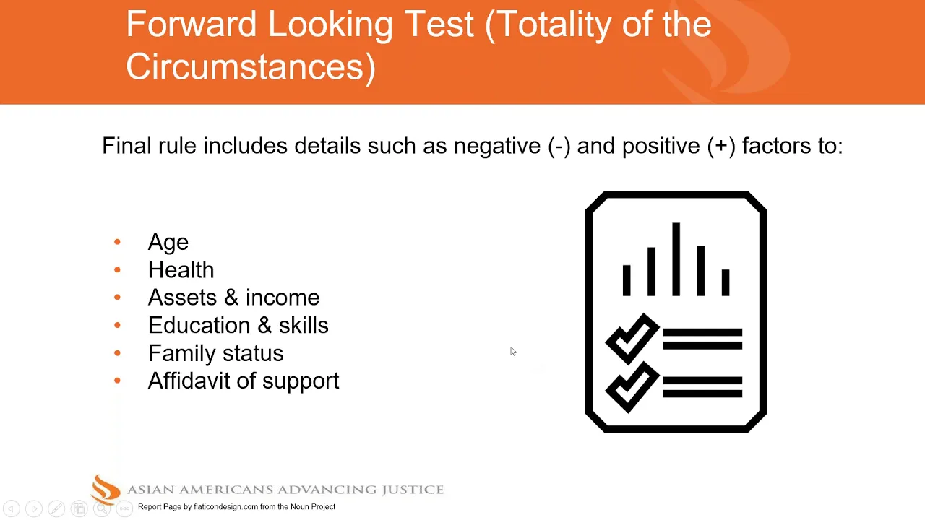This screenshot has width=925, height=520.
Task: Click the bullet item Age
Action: pyautogui.click(x=168, y=242)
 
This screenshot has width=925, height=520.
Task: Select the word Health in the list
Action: pyautogui.click(x=181, y=270)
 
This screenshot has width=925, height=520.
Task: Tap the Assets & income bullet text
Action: pyautogui.click(x=233, y=298)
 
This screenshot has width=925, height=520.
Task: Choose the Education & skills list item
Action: pyautogui.click(x=238, y=325)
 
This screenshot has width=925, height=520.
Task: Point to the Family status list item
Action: pyautogui.click(x=216, y=353)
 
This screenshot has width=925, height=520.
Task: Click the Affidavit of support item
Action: pyautogui.click(x=244, y=381)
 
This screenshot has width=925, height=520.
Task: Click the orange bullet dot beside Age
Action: pyautogui.click(x=117, y=242)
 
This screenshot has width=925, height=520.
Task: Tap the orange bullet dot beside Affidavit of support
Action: pyautogui.click(x=117, y=381)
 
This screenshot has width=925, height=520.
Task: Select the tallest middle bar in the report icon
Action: pyautogui.click(x=676, y=259)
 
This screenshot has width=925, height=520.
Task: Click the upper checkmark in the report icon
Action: pyautogui.click(x=632, y=339)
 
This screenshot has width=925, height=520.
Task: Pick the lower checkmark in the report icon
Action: pyautogui.click(x=632, y=387)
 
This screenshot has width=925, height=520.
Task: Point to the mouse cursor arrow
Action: pyautogui.click(x=513, y=351)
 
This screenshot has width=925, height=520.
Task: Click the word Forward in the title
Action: pyautogui.click(x=192, y=24)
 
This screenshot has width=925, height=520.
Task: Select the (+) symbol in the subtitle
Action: pyautogui.click(x=721, y=146)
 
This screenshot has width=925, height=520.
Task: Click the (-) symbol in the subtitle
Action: pyautogui.click(x=559, y=146)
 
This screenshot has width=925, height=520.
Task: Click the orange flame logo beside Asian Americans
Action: pyautogui.click(x=106, y=490)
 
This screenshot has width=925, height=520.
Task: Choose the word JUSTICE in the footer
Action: pyautogui.click(x=413, y=490)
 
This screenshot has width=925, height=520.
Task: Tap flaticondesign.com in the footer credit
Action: pyautogui.click(x=226, y=507)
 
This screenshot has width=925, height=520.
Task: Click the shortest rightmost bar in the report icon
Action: pyautogui.click(x=726, y=282)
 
